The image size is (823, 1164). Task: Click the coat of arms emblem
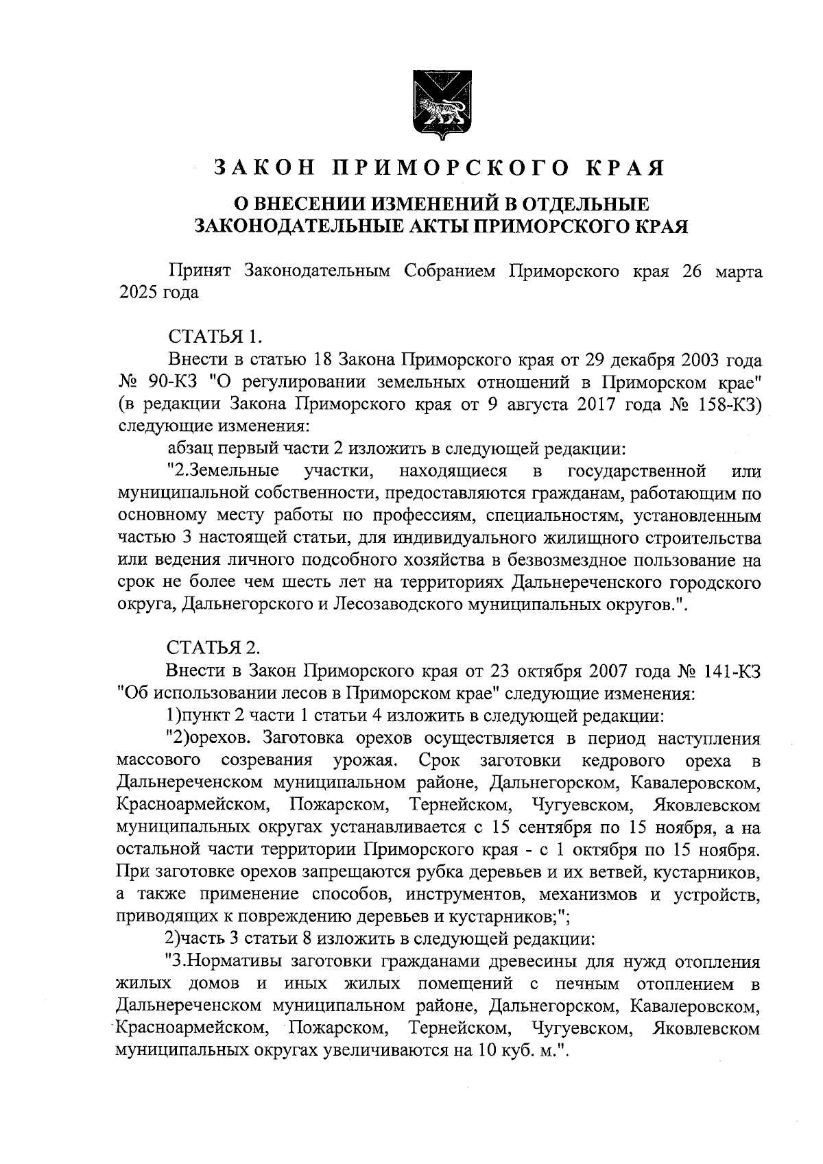(x=440, y=104)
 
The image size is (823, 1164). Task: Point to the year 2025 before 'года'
(x=139, y=293)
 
